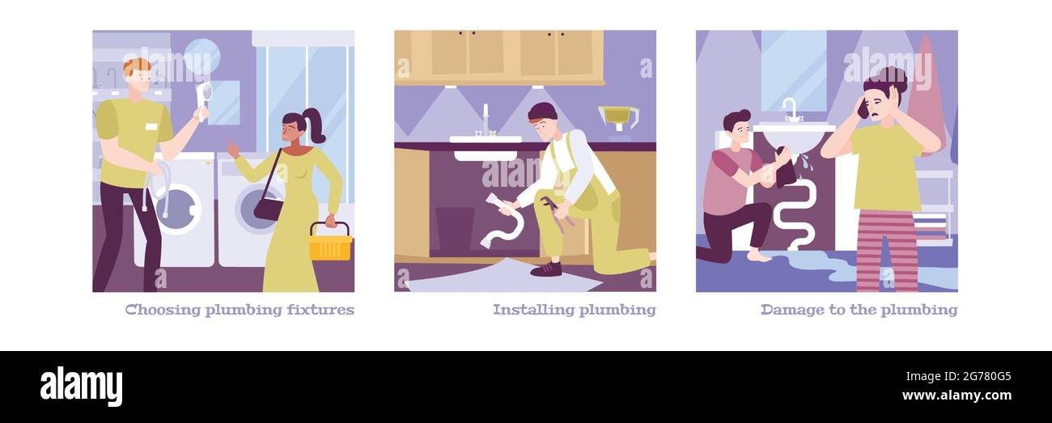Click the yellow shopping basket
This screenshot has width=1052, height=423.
330,245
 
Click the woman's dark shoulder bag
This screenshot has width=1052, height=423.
268,208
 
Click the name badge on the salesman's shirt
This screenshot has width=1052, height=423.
151,127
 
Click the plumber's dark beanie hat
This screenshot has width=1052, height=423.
541,111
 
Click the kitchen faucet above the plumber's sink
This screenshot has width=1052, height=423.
486,121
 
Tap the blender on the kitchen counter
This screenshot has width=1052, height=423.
618,121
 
